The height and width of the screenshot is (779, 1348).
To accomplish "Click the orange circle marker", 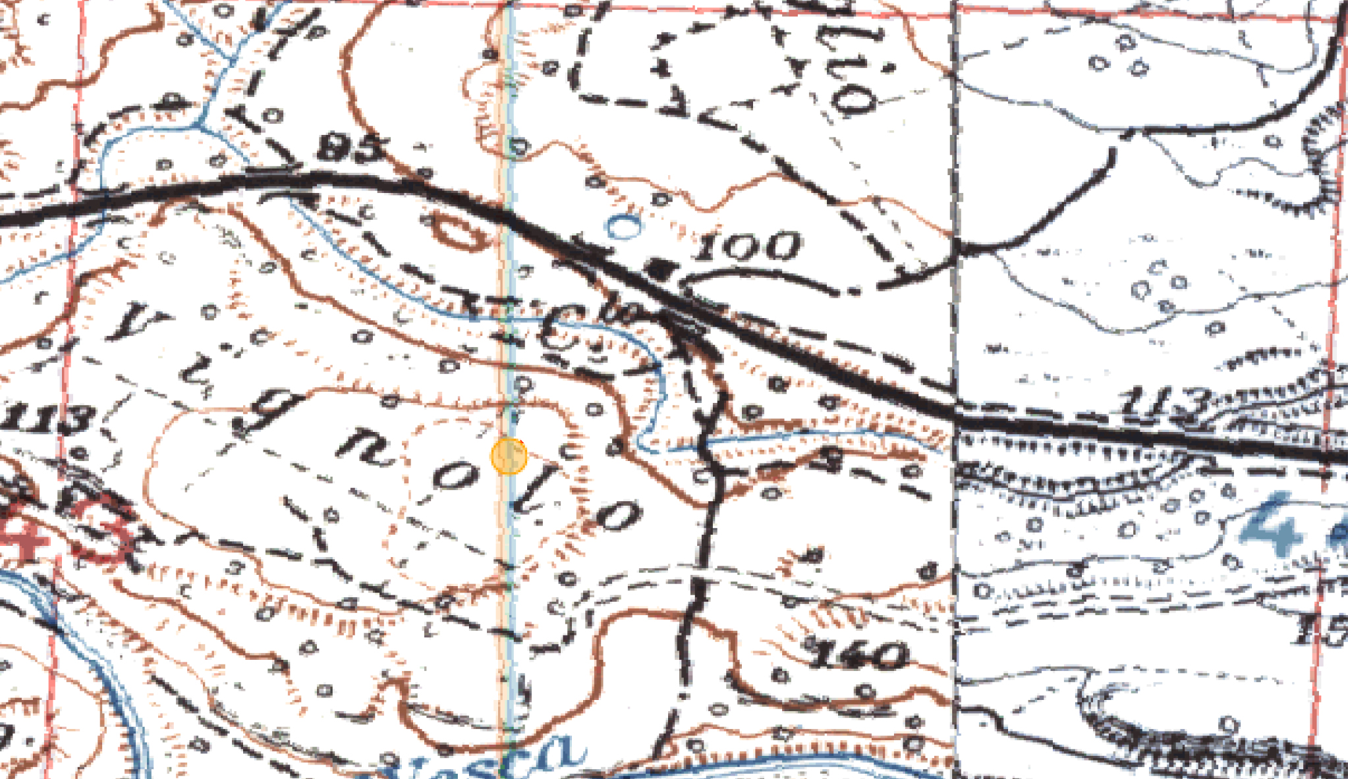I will [x=509, y=456].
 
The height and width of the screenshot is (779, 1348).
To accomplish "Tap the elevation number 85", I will [x=351, y=148].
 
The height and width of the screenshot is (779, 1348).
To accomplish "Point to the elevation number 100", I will [x=748, y=246].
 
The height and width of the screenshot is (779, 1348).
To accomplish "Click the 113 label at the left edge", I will [x=46, y=419].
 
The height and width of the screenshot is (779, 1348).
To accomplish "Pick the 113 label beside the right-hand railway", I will [x=1167, y=403].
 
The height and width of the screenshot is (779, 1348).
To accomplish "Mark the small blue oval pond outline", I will [x=623, y=227].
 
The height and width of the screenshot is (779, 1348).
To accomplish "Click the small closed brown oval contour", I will [x=459, y=234].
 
